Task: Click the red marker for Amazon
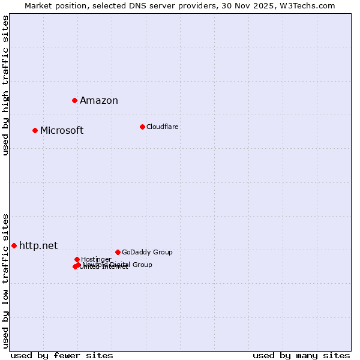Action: coord(74,100)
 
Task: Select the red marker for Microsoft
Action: coord(35,130)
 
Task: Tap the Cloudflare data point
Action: coord(142,127)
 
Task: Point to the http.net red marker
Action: coord(14,245)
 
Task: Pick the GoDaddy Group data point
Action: coord(118,252)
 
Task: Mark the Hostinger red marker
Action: coord(77,259)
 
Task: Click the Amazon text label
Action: coord(99,101)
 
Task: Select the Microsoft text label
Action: coord(62,131)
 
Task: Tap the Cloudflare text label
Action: coord(163,127)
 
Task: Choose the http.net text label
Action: coord(38,246)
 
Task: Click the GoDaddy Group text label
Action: coord(147,253)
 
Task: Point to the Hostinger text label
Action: coord(96,260)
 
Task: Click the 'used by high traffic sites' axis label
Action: coord(6,85)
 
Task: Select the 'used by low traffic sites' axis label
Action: coord(6,280)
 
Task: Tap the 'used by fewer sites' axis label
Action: coord(62,355)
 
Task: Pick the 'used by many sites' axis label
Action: coord(301,355)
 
